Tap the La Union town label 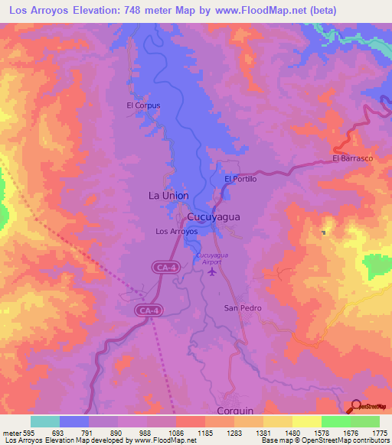(168, 196)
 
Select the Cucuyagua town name (214, 216)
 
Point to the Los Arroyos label (176, 231)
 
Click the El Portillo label (240, 179)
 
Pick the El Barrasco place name (352, 158)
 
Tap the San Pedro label (242, 308)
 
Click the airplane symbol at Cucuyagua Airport (212, 271)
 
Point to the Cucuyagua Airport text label (209, 258)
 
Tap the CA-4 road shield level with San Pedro (149, 310)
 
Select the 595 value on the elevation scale (29, 432)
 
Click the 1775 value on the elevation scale (378, 432)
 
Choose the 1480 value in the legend (292, 432)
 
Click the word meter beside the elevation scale (11, 432)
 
